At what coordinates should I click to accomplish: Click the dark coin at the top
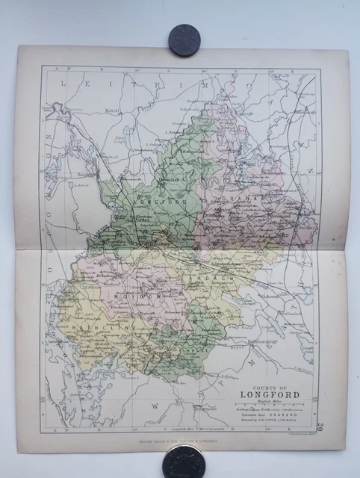coord(184,37)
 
